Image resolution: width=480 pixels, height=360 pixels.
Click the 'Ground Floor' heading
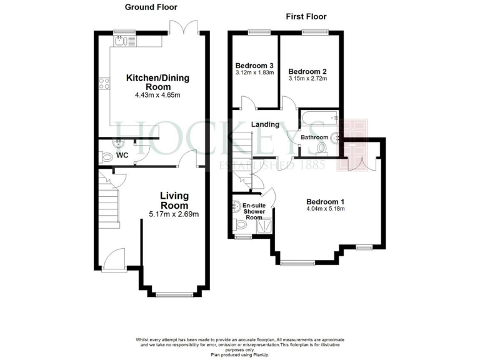pyautogui.click(x=151, y=7)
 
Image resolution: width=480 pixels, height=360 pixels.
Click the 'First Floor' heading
pyautogui.click(x=306, y=16)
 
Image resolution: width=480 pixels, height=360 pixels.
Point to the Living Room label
pyautogui.click(x=174, y=201)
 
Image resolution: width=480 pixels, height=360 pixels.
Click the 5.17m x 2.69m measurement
pyautogui.click(x=174, y=214)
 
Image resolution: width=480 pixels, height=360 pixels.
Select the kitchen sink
pyautogui.click(x=120, y=41)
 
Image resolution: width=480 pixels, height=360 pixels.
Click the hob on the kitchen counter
pyautogui.click(x=104, y=84)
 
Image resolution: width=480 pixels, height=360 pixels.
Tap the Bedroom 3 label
pyautogui.click(x=254, y=66)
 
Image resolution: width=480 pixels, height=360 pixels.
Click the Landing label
pyautogui.click(x=265, y=124)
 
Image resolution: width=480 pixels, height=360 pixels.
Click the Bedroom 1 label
pyautogui.click(x=325, y=201)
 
